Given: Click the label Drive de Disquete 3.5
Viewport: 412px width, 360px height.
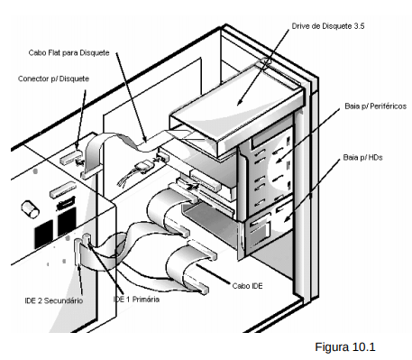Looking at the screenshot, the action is [328, 26].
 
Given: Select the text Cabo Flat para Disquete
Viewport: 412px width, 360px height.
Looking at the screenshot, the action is [69, 53].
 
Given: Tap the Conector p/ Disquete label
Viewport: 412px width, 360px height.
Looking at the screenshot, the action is [53, 78].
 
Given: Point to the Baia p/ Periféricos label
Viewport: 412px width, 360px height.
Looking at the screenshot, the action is [375, 106].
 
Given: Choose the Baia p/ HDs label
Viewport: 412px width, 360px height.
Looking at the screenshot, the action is [362, 158].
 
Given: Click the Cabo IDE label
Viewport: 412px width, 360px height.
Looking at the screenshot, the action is [247, 286].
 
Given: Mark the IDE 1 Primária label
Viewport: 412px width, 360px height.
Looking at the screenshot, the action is [136, 300].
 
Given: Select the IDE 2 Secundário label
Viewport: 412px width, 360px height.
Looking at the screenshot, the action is [54, 300].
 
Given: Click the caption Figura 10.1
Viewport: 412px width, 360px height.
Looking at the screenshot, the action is [345, 347].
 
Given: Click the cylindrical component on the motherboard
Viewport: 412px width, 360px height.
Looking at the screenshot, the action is [30, 208].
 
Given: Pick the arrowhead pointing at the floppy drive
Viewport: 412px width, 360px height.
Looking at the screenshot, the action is [239, 102].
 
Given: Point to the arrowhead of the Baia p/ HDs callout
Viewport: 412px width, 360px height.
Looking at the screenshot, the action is [287, 218].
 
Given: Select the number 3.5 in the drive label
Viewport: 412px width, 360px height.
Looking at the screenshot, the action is [359, 26].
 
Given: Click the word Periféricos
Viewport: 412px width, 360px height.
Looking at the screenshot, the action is [389, 106].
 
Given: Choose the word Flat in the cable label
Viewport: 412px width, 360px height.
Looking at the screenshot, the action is [54, 53].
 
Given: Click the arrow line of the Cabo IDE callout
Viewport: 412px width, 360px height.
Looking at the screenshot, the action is [214, 274].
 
